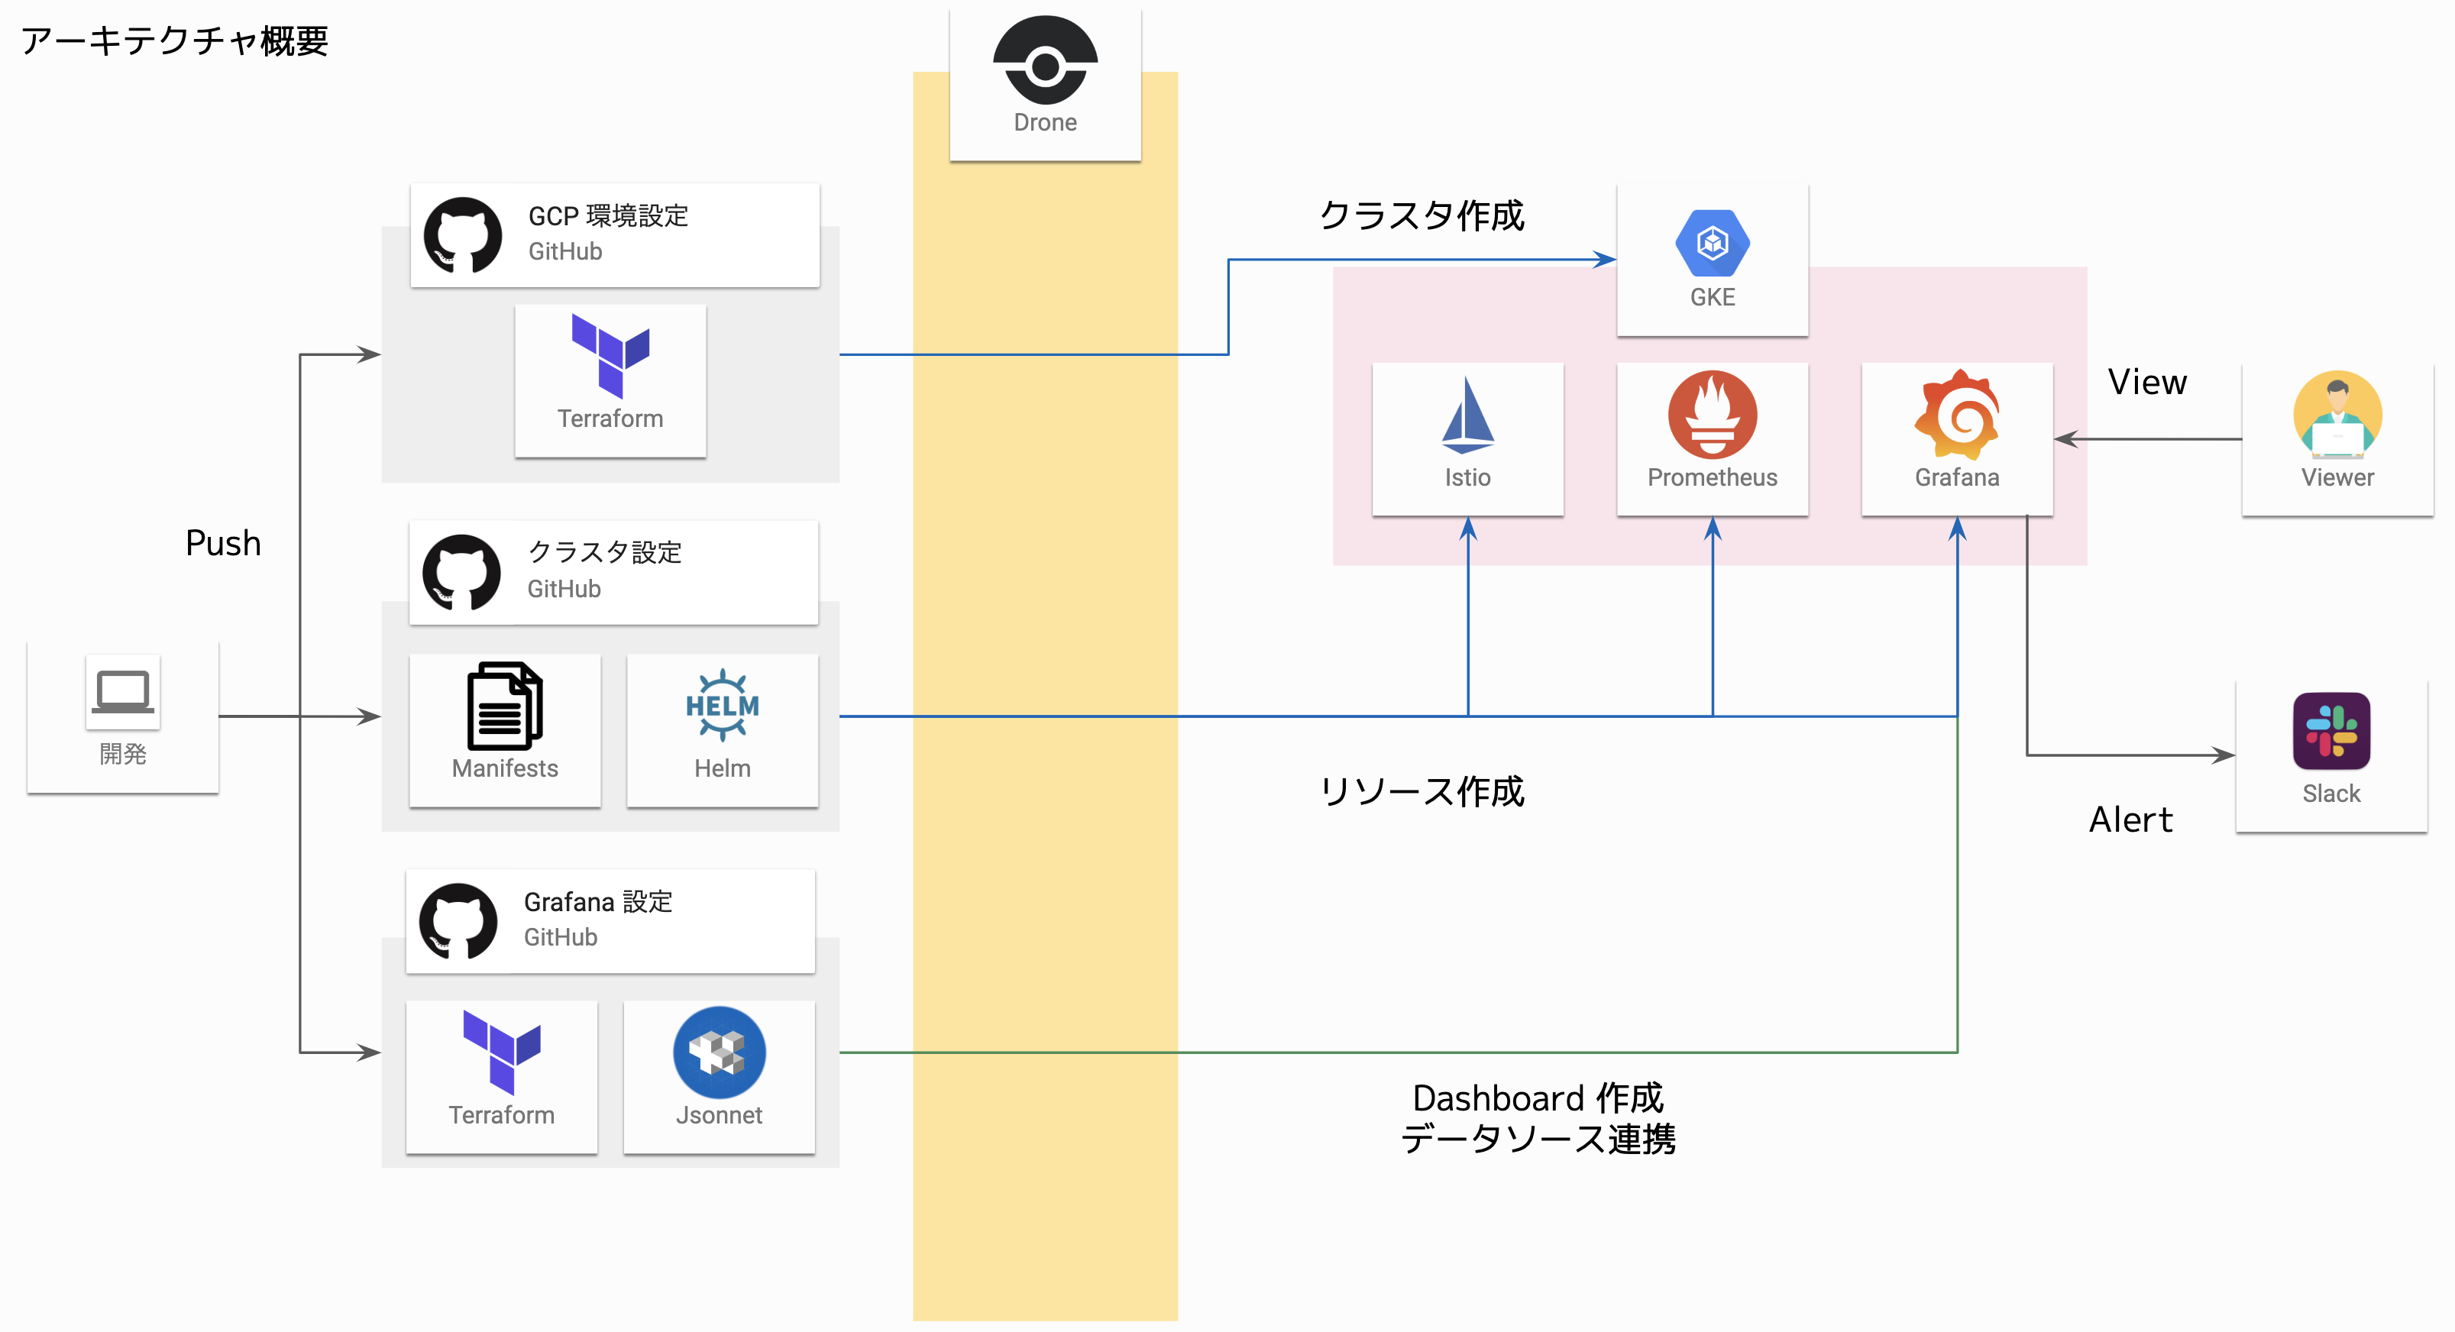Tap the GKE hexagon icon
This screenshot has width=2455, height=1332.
click(1712, 243)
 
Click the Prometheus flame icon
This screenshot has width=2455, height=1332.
click(1712, 415)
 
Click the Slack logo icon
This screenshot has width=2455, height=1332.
click(2330, 731)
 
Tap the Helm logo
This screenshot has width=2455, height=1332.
click(723, 705)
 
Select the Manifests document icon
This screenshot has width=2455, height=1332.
click(504, 706)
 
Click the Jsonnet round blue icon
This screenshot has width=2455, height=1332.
click(719, 1052)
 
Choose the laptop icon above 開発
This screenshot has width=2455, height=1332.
click(123, 690)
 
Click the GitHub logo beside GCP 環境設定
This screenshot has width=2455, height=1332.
click(462, 235)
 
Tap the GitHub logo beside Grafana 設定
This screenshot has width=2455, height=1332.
click(458, 920)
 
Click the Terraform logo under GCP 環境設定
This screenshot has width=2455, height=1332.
click(610, 355)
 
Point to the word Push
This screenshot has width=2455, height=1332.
click(223, 543)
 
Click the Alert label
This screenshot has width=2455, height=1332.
click(2130, 820)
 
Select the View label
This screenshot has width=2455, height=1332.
click(2146, 382)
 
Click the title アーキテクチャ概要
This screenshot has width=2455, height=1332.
click(174, 41)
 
